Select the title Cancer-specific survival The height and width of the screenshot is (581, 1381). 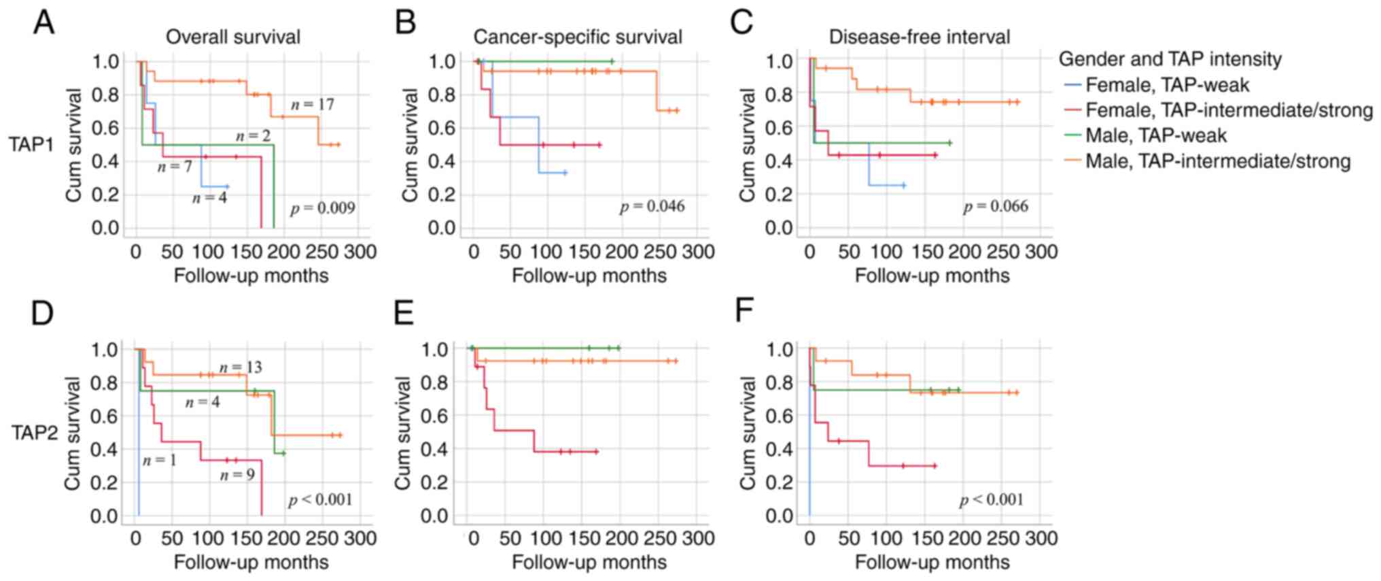coord(578,37)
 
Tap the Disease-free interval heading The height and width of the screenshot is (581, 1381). coord(919,37)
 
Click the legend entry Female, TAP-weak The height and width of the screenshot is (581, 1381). coord(1167,85)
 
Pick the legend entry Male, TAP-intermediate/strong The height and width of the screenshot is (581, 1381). coord(1217,161)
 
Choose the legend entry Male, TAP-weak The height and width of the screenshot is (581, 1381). coord(1155,135)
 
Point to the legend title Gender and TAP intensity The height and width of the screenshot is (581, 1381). coord(1170,59)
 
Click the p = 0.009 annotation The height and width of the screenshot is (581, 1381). coord(322,208)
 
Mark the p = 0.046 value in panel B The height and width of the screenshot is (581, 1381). coord(652,206)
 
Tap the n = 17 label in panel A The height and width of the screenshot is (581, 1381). coord(313,105)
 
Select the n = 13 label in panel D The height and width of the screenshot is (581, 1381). coord(241,368)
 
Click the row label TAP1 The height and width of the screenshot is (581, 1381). coord(31,144)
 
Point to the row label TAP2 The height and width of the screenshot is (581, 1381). coord(34,433)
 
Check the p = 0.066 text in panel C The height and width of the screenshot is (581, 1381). coord(995,206)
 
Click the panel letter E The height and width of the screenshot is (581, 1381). coord(404,312)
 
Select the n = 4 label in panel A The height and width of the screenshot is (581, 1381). coord(209,198)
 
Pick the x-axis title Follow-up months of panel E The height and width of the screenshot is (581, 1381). coord(589,563)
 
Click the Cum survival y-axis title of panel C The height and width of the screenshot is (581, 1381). coord(748,145)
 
